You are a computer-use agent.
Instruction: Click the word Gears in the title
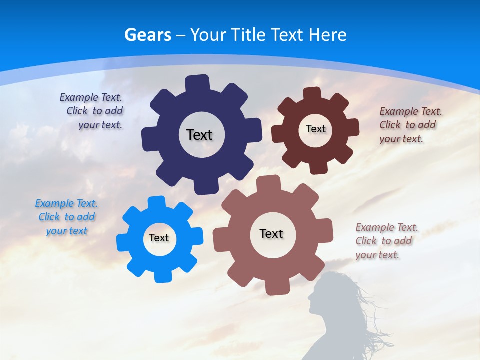tap(148, 35)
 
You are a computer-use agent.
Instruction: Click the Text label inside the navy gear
tap(199, 135)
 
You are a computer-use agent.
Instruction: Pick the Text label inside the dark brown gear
tap(315, 129)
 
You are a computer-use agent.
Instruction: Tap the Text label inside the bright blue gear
tap(159, 238)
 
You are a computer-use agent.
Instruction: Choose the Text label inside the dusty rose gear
tap(271, 233)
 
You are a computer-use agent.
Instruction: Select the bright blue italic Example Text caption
tap(66, 217)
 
